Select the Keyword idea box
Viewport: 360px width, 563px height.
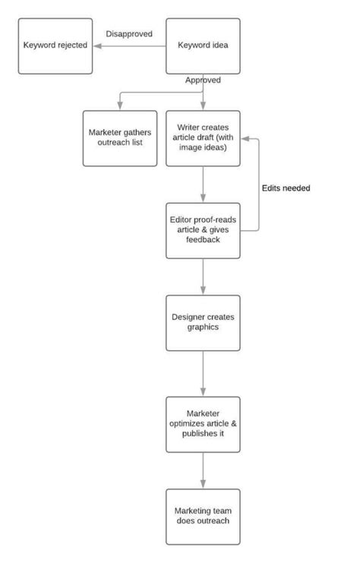(203, 46)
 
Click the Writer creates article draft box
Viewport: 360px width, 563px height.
(203, 138)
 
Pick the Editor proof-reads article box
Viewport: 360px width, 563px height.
(203, 229)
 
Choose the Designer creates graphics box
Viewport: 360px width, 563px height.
(203, 322)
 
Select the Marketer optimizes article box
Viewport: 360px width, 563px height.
(203, 424)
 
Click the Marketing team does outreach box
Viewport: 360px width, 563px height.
(203, 516)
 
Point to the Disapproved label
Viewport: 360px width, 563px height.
(129, 34)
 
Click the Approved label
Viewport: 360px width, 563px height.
(203, 80)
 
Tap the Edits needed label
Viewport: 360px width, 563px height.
(286, 188)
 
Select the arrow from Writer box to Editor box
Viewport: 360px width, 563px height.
(203, 183)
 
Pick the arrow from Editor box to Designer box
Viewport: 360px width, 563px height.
(203, 276)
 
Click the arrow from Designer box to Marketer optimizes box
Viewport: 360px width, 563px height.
(203, 372)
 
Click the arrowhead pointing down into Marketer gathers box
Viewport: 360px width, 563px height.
(119, 106)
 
